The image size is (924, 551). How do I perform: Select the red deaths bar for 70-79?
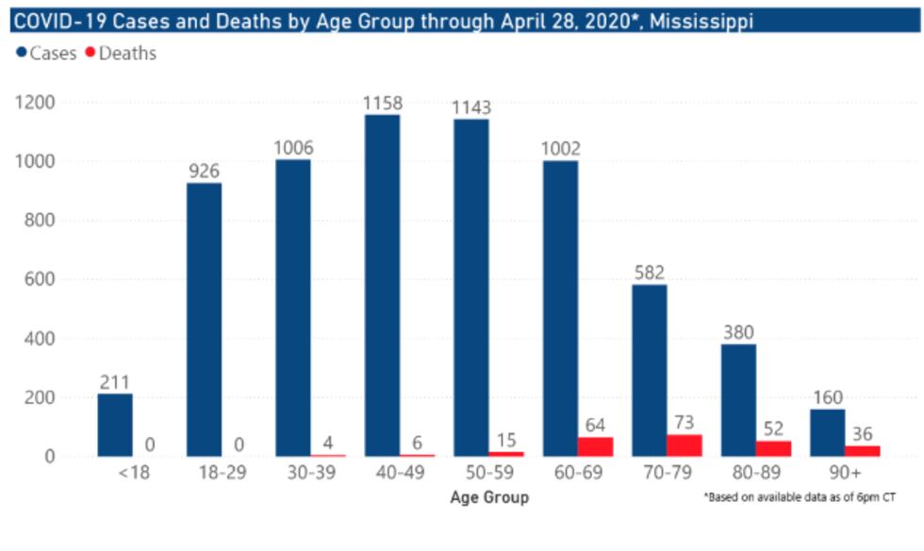(685, 446)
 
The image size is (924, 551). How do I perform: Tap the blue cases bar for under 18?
(115, 425)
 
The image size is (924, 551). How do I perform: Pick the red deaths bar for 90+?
(863, 451)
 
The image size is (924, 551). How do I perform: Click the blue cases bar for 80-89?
(738, 400)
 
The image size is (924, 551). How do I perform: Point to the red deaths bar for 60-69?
(595, 446)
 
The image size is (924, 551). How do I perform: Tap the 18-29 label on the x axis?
(223, 474)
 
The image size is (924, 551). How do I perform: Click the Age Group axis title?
(489, 496)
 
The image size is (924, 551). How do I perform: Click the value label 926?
(205, 170)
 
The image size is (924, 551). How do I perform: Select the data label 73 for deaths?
(684, 423)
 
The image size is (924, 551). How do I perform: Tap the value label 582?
(650, 272)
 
